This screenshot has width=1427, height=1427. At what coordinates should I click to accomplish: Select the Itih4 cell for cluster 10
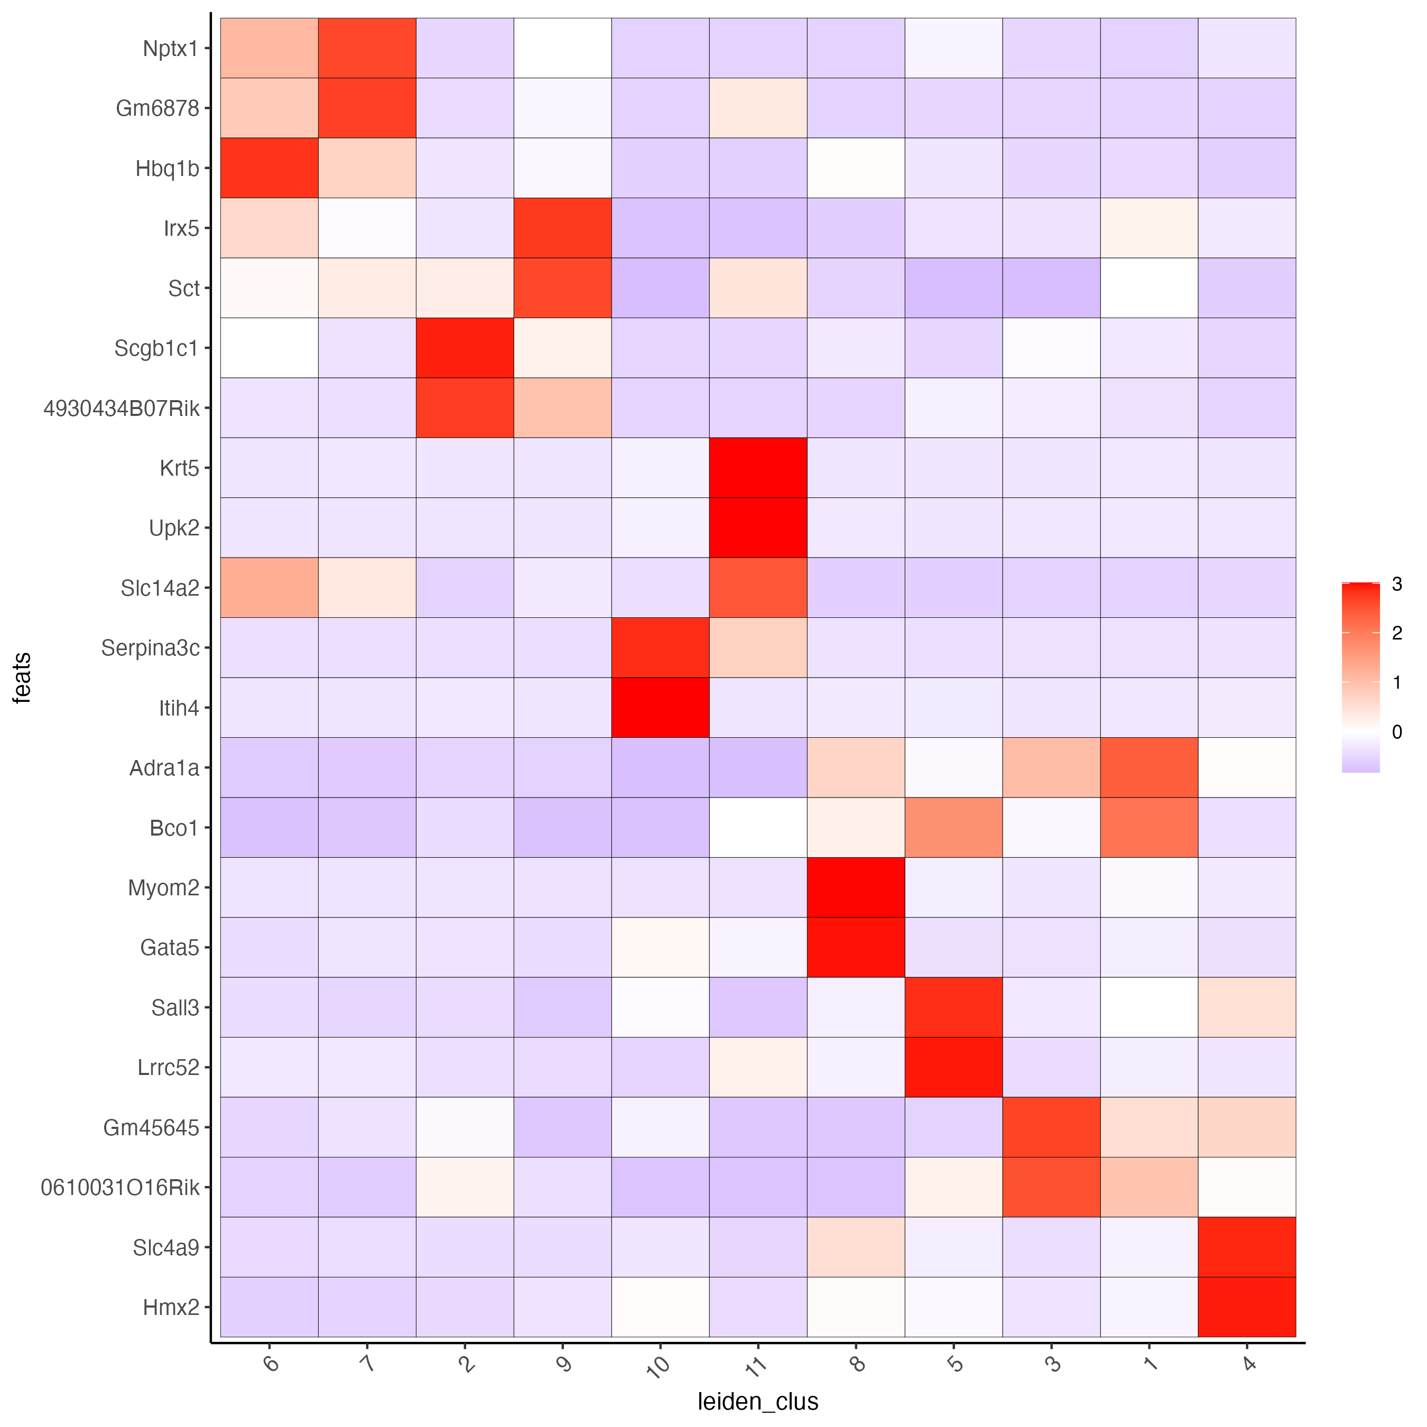(660, 708)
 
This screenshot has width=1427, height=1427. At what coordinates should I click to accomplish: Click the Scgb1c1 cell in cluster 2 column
(465, 347)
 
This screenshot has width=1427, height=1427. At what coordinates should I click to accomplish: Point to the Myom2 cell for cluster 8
(855, 887)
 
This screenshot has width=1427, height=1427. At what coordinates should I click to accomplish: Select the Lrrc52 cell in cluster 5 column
(953, 1067)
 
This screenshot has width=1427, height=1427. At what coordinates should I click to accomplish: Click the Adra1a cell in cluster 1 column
(1148, 767)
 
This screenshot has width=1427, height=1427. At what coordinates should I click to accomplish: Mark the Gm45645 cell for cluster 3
(1051, 1127)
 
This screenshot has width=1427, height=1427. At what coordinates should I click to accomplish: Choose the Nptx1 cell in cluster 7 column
(367, 48)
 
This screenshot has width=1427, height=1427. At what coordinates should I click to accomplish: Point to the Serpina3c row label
(150, 648)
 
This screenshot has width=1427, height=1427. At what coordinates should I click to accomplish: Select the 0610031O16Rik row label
(121, 1188)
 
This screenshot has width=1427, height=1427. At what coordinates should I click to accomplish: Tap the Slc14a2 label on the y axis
(160, 588)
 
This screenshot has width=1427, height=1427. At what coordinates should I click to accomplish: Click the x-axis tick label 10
(657, 1364)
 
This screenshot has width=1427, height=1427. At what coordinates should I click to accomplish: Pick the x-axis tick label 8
(857, 1362)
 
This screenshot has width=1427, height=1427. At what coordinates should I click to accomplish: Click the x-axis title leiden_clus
(758, 1401)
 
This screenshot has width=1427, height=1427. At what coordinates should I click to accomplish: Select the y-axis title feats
(23, 678)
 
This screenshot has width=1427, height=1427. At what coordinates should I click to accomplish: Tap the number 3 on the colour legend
(1396, 584)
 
